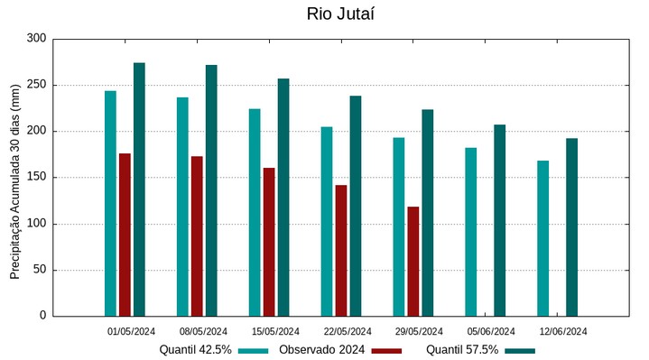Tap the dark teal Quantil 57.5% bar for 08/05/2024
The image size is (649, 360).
click(x=211, y=190)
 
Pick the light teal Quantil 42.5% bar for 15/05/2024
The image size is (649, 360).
click(x=255, y=212)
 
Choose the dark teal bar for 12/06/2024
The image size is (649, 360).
click(x=571, y=226)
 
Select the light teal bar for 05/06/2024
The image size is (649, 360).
click(x=470, y=232)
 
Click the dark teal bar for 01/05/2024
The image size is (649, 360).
click(x=139, y=189)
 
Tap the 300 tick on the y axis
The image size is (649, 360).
click(x=36, y=39)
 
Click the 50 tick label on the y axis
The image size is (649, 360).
click(x=39, y=270)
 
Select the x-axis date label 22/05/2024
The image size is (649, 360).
click(x=348, y=331)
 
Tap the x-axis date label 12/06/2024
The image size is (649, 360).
click(x=563, y=331)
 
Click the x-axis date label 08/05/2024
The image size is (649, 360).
click(x=203, y=331)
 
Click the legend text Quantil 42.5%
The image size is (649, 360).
click(x=196, y=350)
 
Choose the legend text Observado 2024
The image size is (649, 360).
click(x=321, y=350)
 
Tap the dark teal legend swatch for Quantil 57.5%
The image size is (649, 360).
click(x=519, y=350)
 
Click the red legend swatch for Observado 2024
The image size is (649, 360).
click(x=386, y=350)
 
